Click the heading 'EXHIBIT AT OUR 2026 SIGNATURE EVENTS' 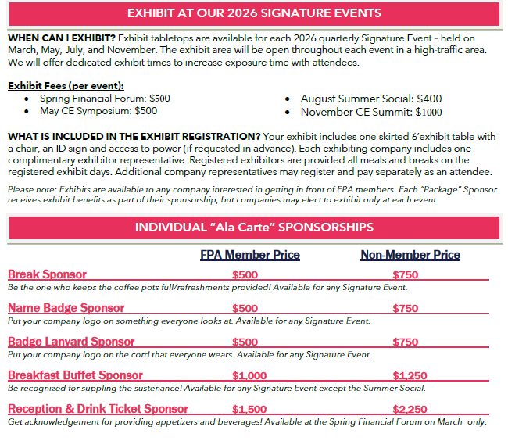tap(254, 13)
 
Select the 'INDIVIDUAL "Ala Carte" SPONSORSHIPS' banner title tap(254, 228)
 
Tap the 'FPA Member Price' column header tap(250, 255)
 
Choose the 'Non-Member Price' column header tap(410, 255)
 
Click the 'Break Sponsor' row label tap(47, 274)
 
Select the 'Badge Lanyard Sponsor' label tap(71, 342)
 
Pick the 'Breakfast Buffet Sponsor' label tap(75, 375)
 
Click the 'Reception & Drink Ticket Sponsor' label tap(98, 409)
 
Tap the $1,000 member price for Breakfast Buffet tap(249, 375)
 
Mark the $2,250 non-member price tap(410, 409)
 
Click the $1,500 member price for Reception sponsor tap(249, 409)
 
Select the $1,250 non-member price tap(410, 375)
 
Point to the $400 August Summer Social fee tap(429, 99)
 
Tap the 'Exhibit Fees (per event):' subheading tap(66, 86)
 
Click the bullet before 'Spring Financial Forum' tap(28, 99)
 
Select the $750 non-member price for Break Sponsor tap(406, 274)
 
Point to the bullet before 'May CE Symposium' tap(28, 111)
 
